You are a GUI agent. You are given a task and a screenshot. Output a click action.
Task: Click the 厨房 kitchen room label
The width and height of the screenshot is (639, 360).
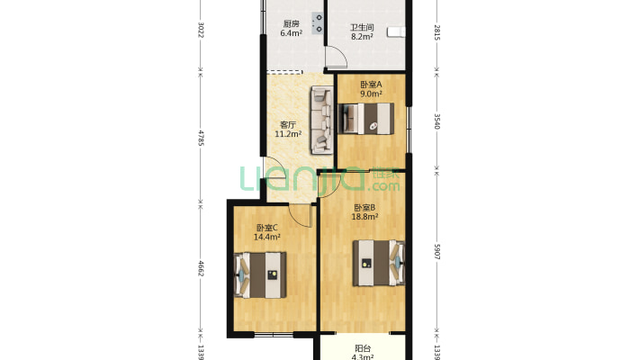pyautogui.click(x=290, y=24)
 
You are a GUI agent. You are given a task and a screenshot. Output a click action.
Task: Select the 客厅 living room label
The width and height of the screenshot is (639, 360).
pyautogui.click(x=288, y=125)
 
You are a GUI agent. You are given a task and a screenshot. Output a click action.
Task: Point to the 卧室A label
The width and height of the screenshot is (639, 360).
pyautogui.click(x=371, y=83)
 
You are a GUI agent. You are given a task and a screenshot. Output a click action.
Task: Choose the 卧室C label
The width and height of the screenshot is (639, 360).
pyautogui.click(x=266, y=228)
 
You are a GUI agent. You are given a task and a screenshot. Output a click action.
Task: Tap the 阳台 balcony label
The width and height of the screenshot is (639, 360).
pyautogui.click(x=363, y=348)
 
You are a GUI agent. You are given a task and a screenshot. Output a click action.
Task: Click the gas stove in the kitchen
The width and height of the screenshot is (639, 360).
pyautogui.click(x=318, y=22)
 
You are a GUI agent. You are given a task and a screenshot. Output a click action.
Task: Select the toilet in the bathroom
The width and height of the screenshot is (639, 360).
pyautogui.click(x=395, y=32)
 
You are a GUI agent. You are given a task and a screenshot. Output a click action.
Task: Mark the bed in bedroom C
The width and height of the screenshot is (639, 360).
pyautogui.click(x=261, y=274)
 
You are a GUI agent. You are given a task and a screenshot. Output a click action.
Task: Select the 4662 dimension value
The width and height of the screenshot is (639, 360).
pyautogui.click(x=201, y=269)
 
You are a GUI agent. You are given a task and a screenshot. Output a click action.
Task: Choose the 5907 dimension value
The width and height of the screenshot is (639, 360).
pyautogui.click(x=436, y=253)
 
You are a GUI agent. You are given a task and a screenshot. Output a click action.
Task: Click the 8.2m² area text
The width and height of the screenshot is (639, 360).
pyautogui.click(x=363, y=38)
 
